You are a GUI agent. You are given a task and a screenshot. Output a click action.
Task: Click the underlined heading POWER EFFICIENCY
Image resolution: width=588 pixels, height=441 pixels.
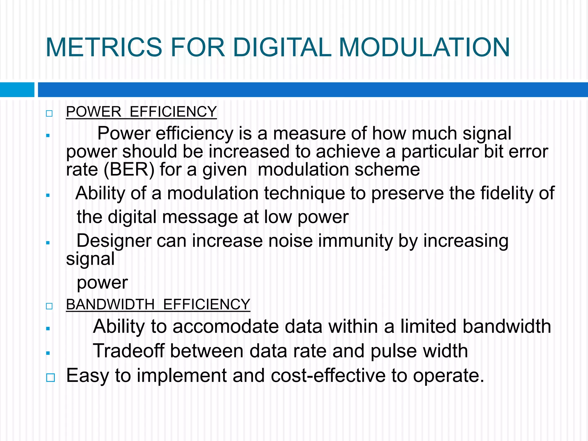click(x=141, y=112)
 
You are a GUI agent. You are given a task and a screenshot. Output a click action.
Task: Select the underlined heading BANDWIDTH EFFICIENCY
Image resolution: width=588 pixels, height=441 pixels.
click(x=158, y=304)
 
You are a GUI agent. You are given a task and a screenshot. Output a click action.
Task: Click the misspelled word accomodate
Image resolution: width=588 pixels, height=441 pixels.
click(x=226, y=327)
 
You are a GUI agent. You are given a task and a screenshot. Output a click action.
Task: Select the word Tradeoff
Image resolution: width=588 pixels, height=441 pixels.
click(x=129, y=351)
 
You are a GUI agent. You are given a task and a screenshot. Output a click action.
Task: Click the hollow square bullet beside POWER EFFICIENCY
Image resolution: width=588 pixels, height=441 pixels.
click(x=49, y=113)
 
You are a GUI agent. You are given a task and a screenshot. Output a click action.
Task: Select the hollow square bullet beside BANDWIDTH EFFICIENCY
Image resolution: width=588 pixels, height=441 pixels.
click(x=49, y=306)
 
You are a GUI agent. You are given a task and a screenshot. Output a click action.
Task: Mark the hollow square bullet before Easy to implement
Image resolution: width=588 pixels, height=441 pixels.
click(x=50, y=378)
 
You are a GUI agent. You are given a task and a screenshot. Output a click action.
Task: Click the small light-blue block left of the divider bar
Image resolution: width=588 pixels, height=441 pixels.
click(x=17, y=90)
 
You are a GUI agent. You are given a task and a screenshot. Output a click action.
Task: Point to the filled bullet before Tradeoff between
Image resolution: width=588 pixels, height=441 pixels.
click(x=48, y=353)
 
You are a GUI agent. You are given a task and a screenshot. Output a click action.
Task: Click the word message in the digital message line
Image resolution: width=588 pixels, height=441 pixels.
click(x=200, y=217)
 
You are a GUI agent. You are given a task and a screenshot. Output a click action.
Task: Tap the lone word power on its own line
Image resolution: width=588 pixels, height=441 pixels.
click(x=102, y=283)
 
